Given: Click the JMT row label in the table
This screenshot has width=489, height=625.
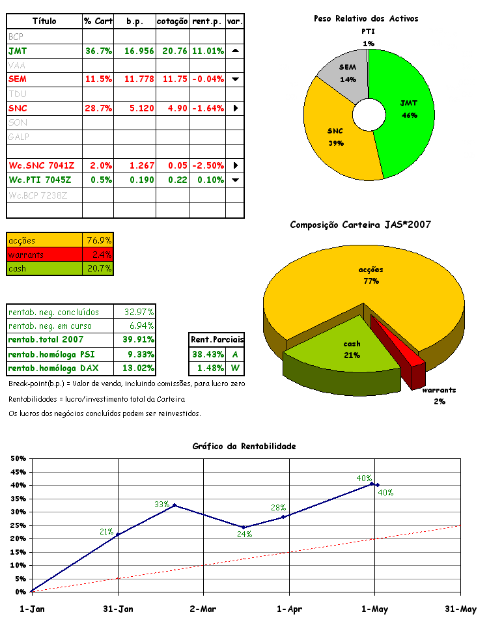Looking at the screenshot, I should click(x=18, y=50).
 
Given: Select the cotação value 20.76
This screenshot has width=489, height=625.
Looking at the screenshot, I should click(x=173, y=50).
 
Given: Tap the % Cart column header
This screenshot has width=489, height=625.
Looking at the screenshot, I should click(x=98, y=21).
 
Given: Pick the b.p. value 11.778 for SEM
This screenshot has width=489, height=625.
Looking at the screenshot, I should click(x=135, y=79).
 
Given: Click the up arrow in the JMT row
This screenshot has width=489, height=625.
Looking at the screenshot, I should click(x=235, y=50).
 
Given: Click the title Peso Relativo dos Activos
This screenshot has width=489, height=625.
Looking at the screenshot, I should click(x=366, y=19).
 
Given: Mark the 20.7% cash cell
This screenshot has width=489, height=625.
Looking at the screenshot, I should click(x=99, y=268).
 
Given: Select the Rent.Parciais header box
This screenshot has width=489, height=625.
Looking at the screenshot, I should click(x=217, y=339).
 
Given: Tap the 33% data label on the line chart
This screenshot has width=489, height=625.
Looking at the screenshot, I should click(x=161, y=504).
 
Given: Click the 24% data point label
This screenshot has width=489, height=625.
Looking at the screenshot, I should click(x=245, y=534).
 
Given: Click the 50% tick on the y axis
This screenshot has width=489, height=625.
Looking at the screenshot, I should click(x=18, y=458).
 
